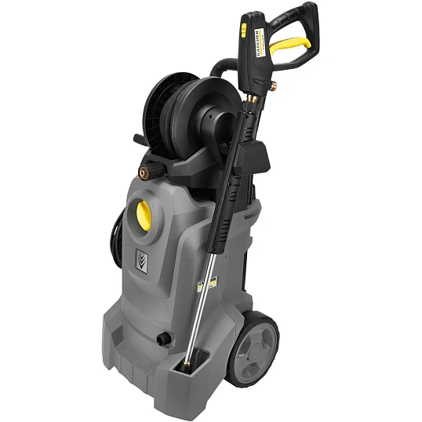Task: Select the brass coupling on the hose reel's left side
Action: [144, 169]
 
